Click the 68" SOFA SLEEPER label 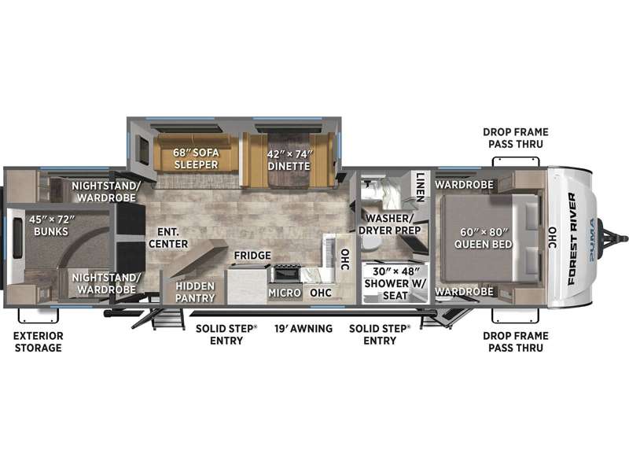196,159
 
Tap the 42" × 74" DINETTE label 289,160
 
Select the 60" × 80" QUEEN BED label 484,238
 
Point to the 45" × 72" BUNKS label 51,226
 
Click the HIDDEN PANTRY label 195,292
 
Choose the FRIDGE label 252,255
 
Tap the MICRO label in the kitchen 285,293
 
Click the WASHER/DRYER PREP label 389,224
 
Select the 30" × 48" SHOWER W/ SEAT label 395,283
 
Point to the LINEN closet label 420,187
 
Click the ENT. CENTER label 168,238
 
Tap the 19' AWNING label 303,329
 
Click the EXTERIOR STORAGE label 39,342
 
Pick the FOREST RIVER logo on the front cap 572,239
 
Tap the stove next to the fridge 286,274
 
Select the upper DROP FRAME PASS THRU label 516,138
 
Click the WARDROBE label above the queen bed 464,185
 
